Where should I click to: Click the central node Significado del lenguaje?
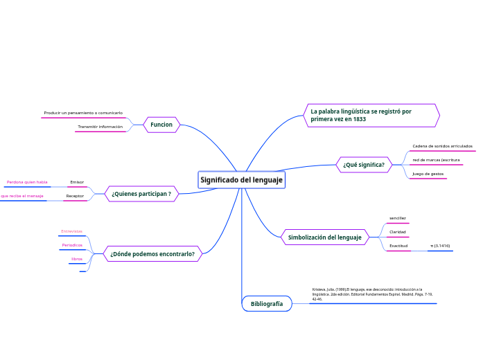point(241,180)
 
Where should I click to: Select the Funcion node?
point(161,125)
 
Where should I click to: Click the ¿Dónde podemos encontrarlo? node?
point(152,254)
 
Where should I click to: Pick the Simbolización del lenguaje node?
point(325,237)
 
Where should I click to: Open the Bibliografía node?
point(267,303)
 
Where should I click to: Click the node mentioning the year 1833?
point(371,115)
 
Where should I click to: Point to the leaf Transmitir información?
point(100,127)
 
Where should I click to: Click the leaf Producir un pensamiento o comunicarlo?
point(83,112)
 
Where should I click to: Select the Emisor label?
point(77,182)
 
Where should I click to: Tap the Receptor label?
point(75,196)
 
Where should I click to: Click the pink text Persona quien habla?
point(27,182)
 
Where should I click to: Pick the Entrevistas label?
point(71,231)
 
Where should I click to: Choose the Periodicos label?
point(72,245)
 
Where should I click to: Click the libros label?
point(77,259)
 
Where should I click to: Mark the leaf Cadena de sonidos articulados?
point(442,146)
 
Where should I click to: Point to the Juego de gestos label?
point(428,174)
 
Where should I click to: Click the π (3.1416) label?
point(440,246)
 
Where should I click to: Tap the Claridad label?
point(398,232)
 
